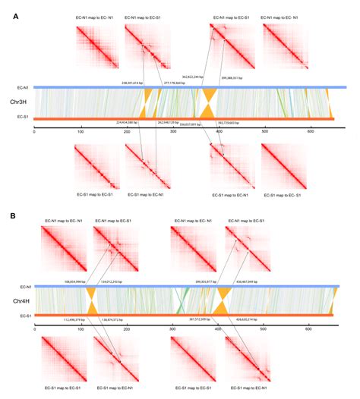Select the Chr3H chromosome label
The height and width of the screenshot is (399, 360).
18,102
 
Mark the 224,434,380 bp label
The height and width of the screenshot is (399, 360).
128,122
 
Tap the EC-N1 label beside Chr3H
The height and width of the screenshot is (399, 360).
24,88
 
